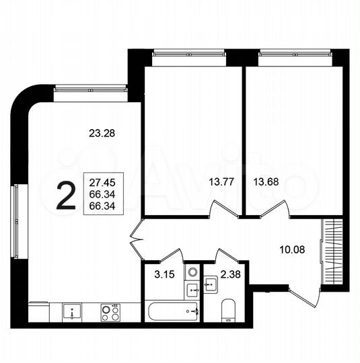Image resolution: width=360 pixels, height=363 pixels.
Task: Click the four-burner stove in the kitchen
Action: [109, 312]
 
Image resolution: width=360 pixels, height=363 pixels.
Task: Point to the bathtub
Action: [173, 311]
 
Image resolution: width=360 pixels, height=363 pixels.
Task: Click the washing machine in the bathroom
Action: [191, 274]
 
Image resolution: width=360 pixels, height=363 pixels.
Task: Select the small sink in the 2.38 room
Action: [211, 285]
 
